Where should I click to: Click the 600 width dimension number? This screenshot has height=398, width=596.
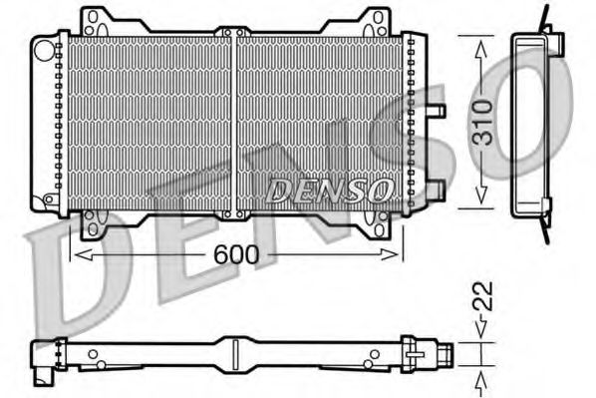point(236,255)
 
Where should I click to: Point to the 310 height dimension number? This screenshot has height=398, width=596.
point(481,121)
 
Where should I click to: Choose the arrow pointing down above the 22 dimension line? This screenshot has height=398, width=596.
point(481,328)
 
